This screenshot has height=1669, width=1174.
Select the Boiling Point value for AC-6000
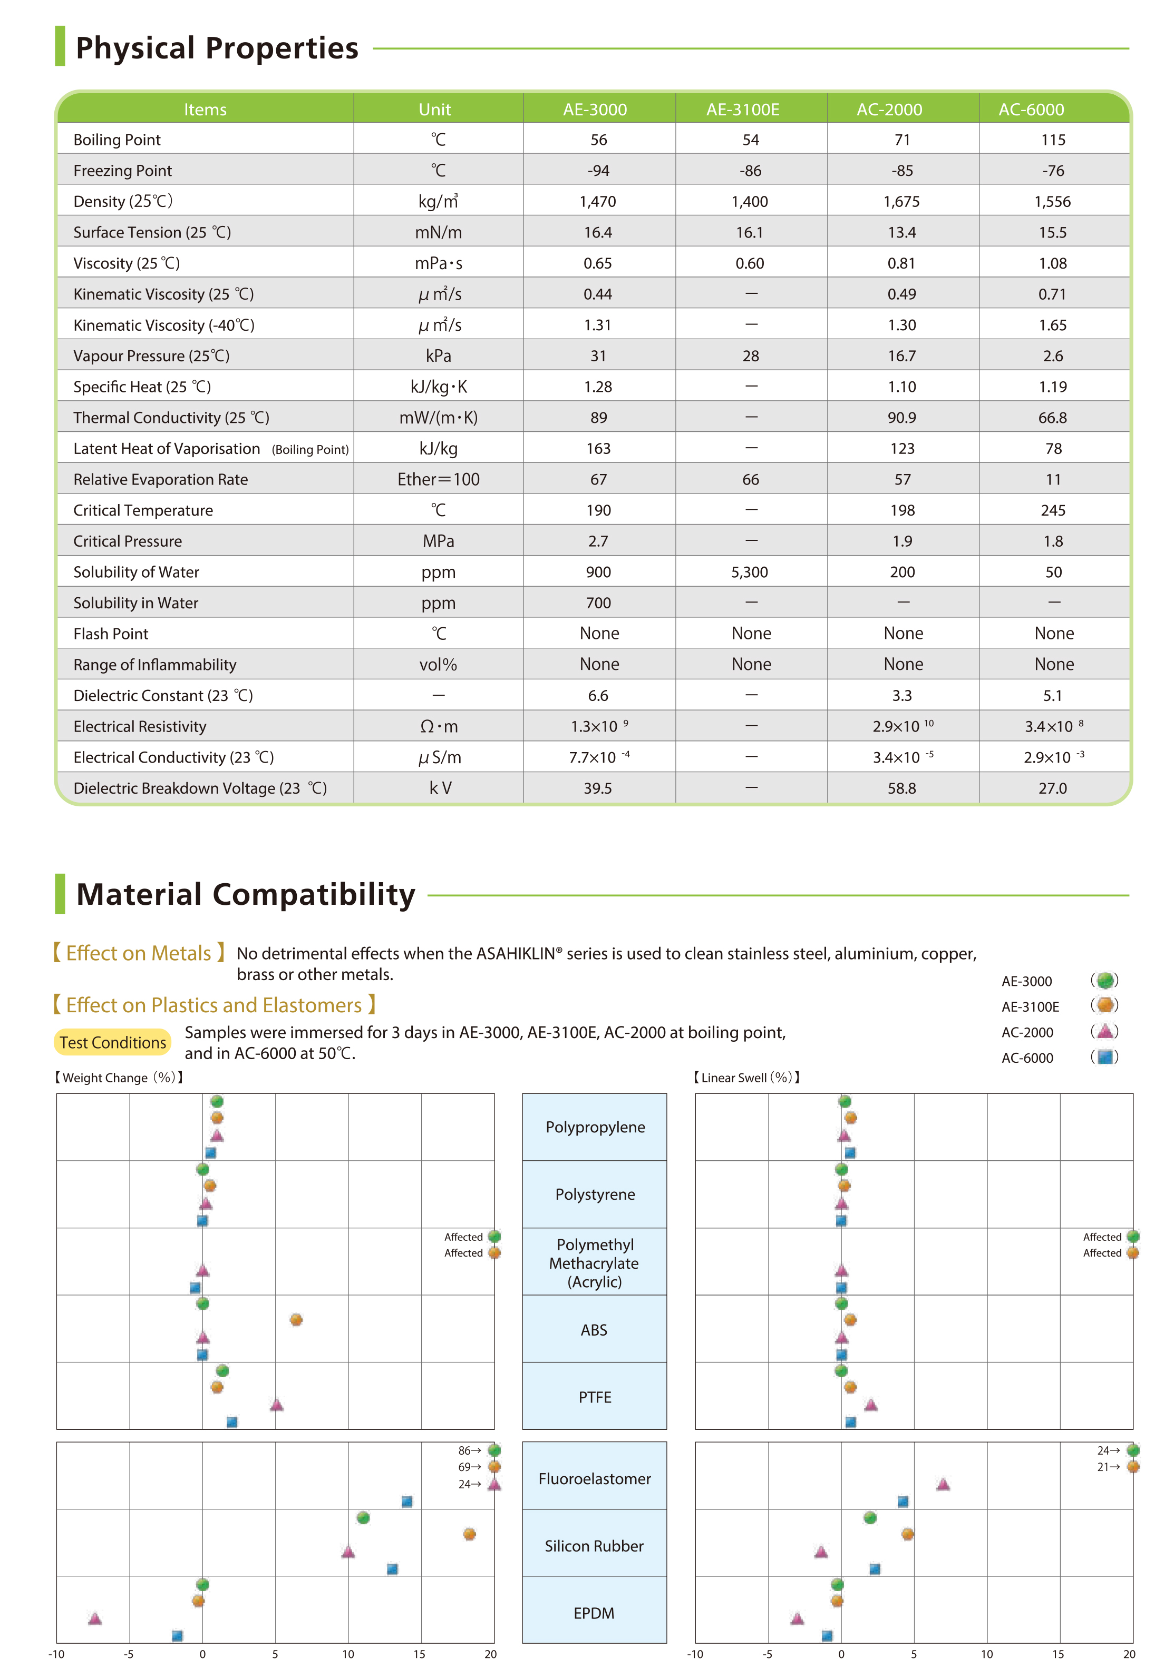pyautogui.click(x=1053, y=140)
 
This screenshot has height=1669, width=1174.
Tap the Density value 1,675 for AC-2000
pyautogui.click(x=901, y=201)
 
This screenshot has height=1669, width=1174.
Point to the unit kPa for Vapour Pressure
pyautogui.click(x=438, y=355)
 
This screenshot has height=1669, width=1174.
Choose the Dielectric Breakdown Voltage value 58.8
pyautogui.click(x=901, y=788)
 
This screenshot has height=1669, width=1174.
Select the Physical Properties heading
pyautogui.click(x=217, y=48)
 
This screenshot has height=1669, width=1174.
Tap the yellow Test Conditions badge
pyautogui.click(x=113, y=1042)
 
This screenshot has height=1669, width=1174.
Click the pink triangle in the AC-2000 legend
pyautogui.click(x=1105, y=1031)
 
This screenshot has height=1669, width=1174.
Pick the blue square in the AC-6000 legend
pyautogui.click(x=1105, y=1057)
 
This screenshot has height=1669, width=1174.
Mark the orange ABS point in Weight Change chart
pyautogui.click(x=296, y=1319)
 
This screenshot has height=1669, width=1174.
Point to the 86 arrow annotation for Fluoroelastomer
pyautogui.click(x=469, y=1450)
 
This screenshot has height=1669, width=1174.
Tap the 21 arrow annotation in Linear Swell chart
pyautogui.click(x=1108, y=1467)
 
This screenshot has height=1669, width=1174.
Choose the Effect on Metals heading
pyautogui.click(x=138, y=953)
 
